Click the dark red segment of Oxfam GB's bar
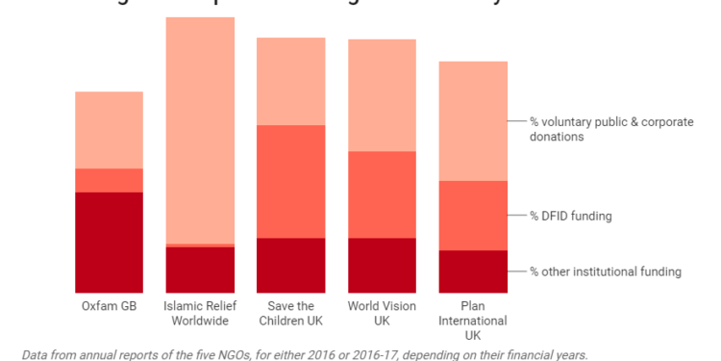click(x=109, y=242)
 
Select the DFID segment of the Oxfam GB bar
click(x=109, y=180)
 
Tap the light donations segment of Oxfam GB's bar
click(x=109, y=130)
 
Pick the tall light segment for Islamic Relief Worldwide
click(x=200, y=130)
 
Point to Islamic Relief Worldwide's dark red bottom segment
click(x=200, y=270)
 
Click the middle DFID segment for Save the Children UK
click(x=290, y=181)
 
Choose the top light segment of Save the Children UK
click(x=290, y=82)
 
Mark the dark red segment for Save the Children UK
click(x=290, y=265)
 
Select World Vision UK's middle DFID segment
click(x=382, y=194)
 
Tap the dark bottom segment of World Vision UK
click(x=382, y=265)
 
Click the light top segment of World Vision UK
click(x=382, y=95)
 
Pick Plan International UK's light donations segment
click(x=473, y=121)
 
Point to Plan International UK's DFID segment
click(x=473, y=216)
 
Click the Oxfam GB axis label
click(x=109, y=306)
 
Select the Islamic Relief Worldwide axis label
click(x=200, y=313)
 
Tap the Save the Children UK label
click(x=290, y=313)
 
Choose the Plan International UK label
click(x=473, y=321)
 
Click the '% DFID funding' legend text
click(x=571, y=216)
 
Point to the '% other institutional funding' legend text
click(x=606, y=271)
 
